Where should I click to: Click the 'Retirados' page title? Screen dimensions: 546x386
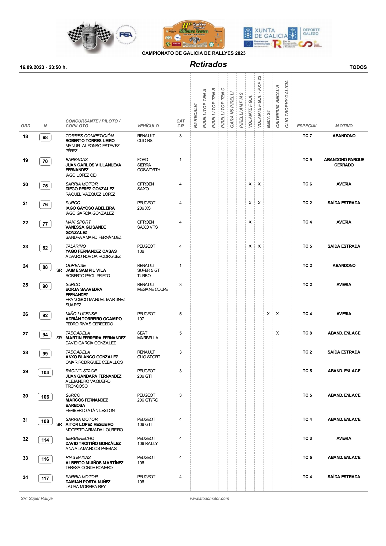(x=208, y=64)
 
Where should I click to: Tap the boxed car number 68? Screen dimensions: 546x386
(x=45, y=138)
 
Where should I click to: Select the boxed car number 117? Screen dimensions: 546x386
(x=45, y=478)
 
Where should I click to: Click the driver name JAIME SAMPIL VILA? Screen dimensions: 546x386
(x=86, y=270)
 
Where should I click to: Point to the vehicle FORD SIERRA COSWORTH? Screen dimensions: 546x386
(x=149, y=165)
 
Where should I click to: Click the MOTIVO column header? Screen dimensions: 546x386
(x=344, y=126)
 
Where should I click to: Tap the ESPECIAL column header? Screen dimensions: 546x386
(x=307, y=126)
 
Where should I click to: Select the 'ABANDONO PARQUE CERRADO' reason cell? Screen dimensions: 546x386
(x=344, y=162)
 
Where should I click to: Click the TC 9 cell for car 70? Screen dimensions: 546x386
(x=307, y=160)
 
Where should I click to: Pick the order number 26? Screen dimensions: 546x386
(x=25, y=314)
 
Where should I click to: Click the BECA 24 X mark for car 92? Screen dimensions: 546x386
(x=268, y=314)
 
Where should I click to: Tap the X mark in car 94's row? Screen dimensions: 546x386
(x=277, y=333)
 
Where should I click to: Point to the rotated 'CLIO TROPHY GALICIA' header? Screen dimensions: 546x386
(x=287, y=104)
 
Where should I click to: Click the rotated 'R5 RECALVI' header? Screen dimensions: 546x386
(x=195, y=115)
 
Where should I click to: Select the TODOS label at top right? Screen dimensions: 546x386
(x=358, y=67)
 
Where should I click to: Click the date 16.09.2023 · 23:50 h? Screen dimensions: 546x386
(x=43, y=67)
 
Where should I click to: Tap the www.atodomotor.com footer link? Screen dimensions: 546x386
(x=209, y=499)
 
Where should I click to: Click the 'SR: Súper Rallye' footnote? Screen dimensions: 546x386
(x=37, y=499)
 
